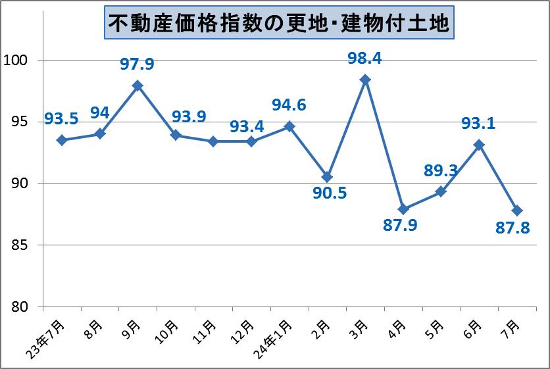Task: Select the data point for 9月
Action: coord(137,86)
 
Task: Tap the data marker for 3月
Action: coord(365,80)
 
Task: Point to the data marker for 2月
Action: coord(327,177)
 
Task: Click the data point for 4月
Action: coord(403,209)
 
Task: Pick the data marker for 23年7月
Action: coord(62,140)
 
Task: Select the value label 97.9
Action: coord(137,64)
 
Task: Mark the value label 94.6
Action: coord(289,105)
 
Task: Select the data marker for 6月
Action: coord(479,145)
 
